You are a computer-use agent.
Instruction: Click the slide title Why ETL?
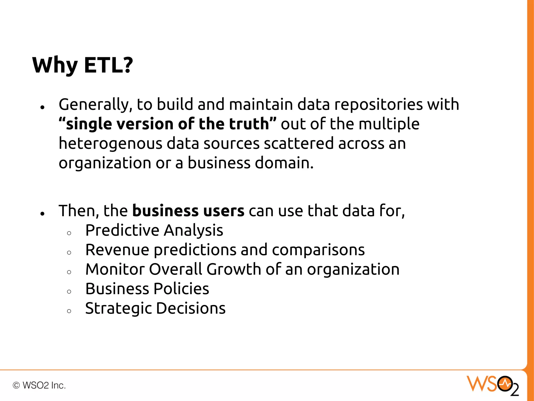coord(82,65)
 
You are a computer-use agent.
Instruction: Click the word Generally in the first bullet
coord(93,104)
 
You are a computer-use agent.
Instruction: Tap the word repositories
coord(378,104)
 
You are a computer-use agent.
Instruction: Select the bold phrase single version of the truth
coord(167,124)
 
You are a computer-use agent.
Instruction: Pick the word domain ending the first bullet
coord(284,163)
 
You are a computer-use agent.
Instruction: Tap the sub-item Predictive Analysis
coord(154,230)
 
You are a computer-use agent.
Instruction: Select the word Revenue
coord(117,250)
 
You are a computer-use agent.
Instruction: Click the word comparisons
coord(318,250)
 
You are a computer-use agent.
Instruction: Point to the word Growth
coord(234,269)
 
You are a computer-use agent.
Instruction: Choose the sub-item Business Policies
coord(147,289)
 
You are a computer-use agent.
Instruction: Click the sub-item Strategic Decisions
coord(155,308)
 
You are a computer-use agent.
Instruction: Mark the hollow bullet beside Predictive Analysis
coord(69,233)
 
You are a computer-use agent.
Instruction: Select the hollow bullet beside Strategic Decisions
coord(69,311)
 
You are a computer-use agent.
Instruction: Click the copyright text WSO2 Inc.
coord(39,385)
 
